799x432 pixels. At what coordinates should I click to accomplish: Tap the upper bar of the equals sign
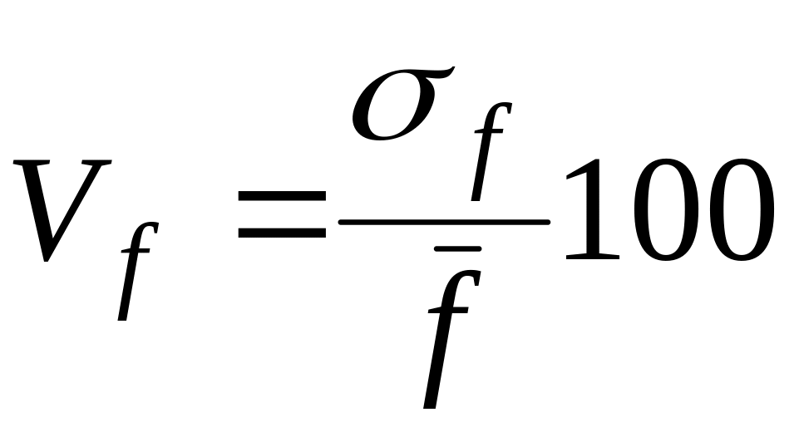point(281,196)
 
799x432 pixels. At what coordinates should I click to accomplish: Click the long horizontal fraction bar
point(445,222)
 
